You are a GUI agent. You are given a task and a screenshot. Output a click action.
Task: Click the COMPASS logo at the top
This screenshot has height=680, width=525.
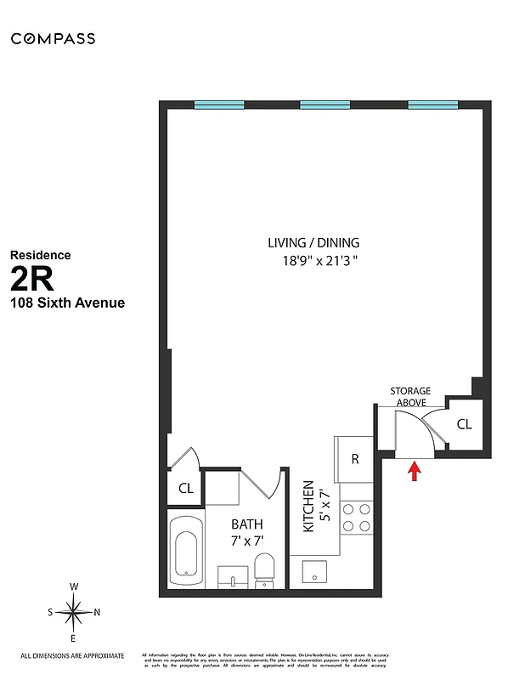coord(53,38)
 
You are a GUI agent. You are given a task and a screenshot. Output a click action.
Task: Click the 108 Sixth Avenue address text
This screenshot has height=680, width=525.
coord(67,303)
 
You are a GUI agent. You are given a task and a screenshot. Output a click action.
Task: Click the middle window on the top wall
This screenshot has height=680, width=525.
coord(325,105)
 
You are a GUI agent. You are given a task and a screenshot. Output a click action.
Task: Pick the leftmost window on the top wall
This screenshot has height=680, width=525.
coord(219,105)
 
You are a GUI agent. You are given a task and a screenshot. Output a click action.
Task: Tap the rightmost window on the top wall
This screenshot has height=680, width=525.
coord(432,105)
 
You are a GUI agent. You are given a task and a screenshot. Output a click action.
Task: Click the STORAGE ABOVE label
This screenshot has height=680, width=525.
coord(410,397)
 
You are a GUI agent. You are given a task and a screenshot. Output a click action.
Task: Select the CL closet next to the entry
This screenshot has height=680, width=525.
coord(464,424)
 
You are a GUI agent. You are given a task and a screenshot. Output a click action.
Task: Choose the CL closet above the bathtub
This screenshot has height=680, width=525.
coord(185,489)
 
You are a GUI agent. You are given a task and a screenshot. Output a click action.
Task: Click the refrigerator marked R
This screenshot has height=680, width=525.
coord(355,459)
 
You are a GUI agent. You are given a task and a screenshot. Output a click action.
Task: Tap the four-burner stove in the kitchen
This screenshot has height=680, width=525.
coord(357,518)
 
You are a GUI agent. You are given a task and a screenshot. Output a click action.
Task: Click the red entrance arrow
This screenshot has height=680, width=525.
coord(415,471)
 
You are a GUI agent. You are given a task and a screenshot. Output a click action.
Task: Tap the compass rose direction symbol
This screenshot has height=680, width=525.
coord(74,612)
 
